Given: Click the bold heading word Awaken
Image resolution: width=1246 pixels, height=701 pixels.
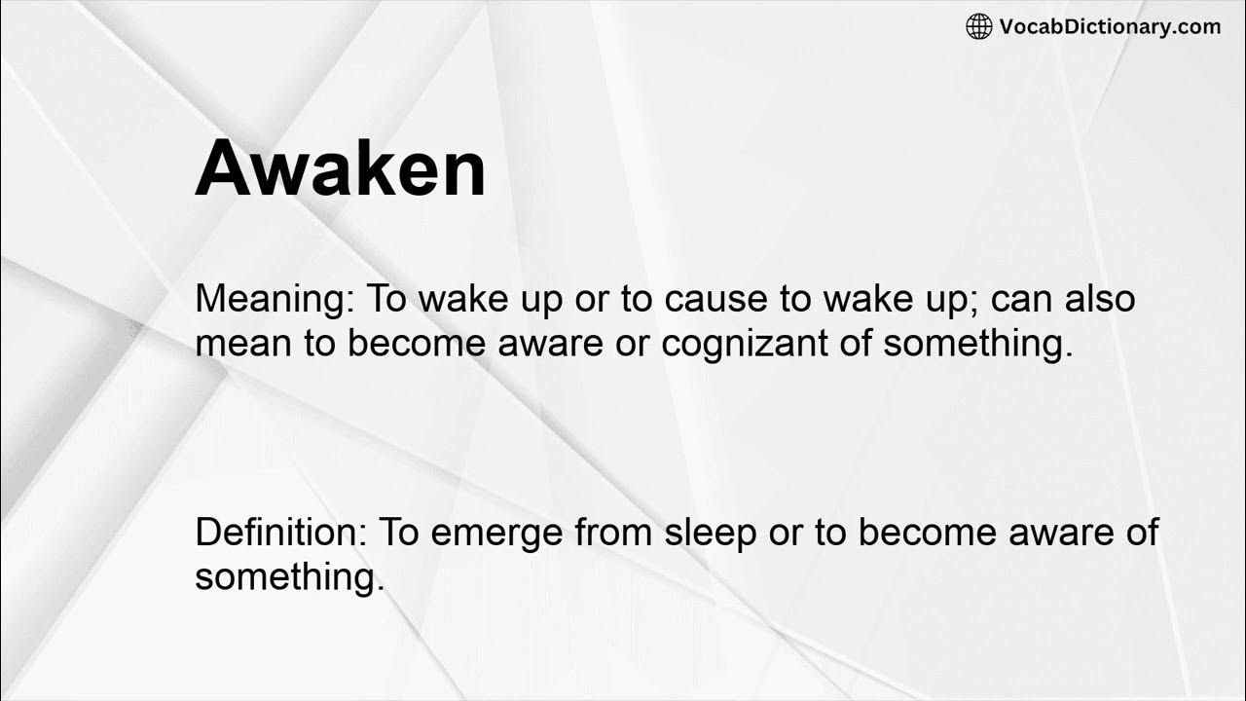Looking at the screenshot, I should [x=340, y=169].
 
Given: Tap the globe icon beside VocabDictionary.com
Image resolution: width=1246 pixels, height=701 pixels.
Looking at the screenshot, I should [x=978, y=27].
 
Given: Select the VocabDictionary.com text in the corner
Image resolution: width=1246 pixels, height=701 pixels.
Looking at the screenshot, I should [x=1110, y=27].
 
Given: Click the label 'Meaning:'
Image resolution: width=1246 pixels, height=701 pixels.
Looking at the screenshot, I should [x=275, y=300].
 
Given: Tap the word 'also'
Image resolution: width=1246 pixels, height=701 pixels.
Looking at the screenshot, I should [x=1099, y=300].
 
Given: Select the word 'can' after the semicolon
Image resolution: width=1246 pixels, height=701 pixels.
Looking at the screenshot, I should [x=1021, y=300].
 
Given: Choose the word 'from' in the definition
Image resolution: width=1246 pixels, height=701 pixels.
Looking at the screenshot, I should [x=615, y=534].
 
